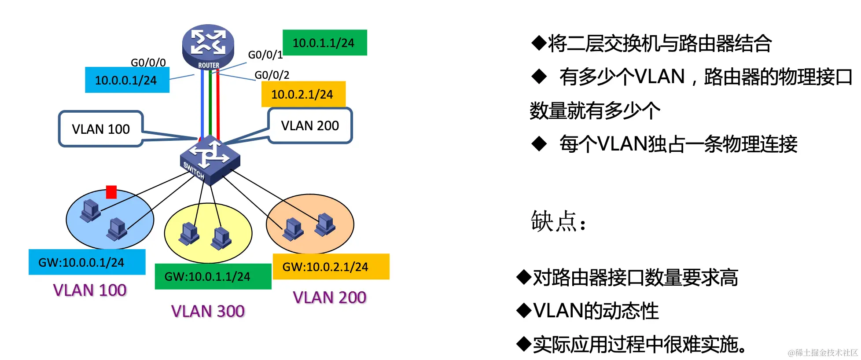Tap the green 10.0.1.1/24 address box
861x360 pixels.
point(324,43)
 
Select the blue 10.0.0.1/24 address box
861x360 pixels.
point(127,80)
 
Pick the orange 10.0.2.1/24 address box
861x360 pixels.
point(303,94)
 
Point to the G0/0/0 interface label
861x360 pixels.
point(148,62)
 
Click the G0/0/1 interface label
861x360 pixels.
point(265,55)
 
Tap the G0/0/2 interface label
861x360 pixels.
point(272,75)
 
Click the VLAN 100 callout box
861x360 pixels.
point(101,129)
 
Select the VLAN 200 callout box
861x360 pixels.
point(310,126)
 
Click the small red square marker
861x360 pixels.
point(111,192)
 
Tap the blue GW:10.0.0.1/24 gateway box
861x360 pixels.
point(87,262)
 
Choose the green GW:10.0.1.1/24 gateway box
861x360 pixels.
point(213,276)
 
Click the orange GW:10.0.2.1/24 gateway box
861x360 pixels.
point(331,267)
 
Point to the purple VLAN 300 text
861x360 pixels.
point(208,311)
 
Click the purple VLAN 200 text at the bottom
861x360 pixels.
point(329,298)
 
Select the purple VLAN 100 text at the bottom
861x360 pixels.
point(90,290)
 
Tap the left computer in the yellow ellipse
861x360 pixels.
point(189,233)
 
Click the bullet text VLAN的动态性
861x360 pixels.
point(596,311)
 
